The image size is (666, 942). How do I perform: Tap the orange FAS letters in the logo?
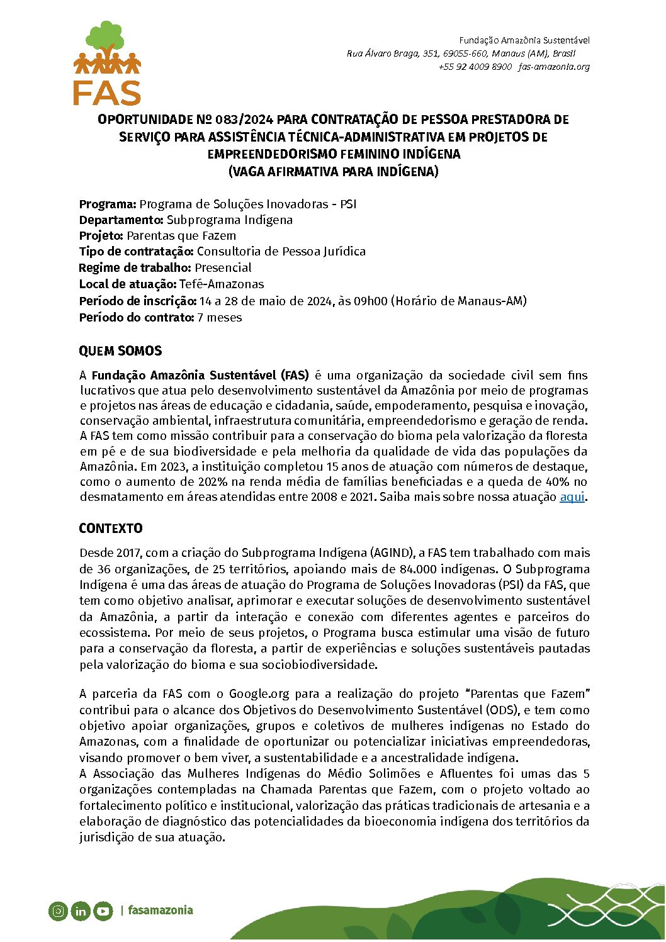pyautogui.click(x=107, y=93)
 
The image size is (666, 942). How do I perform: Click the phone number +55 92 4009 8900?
pyautogui.click(x=475, y=67)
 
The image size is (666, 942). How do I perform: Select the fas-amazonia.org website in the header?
pyautogui.click(x=554, y=67)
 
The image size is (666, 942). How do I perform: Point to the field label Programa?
pyautogui.click(x=108, y=205)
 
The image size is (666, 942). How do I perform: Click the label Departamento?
pyautogui.click(x=121, y=220)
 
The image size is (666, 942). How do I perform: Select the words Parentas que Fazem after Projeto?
pyautogui.click(x=181, y=236)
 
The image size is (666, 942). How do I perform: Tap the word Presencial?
pyautogui.click(x=223, y=268)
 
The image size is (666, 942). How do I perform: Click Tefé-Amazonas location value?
pyautogui.click(x=222, y=284)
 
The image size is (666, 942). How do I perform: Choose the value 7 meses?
pyautogui.click(x=219, y=318)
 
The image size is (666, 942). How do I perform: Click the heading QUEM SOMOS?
pyautogui.click(x=120, y=351)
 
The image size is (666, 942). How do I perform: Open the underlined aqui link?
pyautogui.click(x=572, y=497)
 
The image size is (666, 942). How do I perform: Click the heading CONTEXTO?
pyautogui.click(x=111, y=529)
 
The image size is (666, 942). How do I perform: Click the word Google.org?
pyautogui.click(x=259, y=694)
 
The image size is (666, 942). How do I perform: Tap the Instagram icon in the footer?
pyautogui.click(x=58, y=911)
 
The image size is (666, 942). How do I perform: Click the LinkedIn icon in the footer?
pyautogui.click(x=81, y=911)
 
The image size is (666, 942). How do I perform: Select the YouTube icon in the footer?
pyautogui.click(x=103, y=911)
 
